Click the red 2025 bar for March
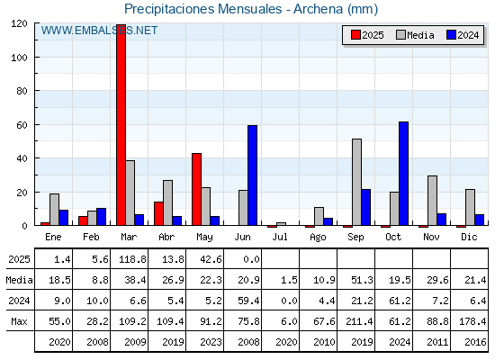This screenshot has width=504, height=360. click(121, 125)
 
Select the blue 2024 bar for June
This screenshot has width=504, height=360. click(252, 175)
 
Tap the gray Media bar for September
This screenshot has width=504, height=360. click(356, 182)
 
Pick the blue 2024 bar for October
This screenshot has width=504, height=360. click(404, 174)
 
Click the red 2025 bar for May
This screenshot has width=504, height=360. click(197, 189)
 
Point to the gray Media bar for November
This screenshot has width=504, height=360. click(432, 201)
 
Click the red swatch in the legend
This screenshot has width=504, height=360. click(355, 35)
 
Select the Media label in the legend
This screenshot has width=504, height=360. click(420, 35)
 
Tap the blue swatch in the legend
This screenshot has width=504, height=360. click(451, 35)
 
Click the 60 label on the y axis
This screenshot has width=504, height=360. click(22, 125)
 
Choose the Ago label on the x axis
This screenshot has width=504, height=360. click(318, 238)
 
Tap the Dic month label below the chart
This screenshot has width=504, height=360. click(469, 237)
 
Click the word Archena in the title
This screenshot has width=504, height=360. click(319, 9)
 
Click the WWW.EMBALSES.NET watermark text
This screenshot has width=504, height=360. click(99, 31)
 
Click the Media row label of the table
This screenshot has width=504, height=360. click(19, 280)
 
